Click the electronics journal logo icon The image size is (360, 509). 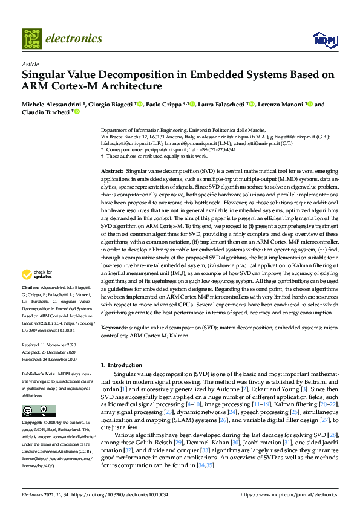tap(32, 39)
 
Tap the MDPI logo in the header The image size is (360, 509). tap(324, 41)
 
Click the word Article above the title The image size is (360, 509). tap(30, 64)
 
